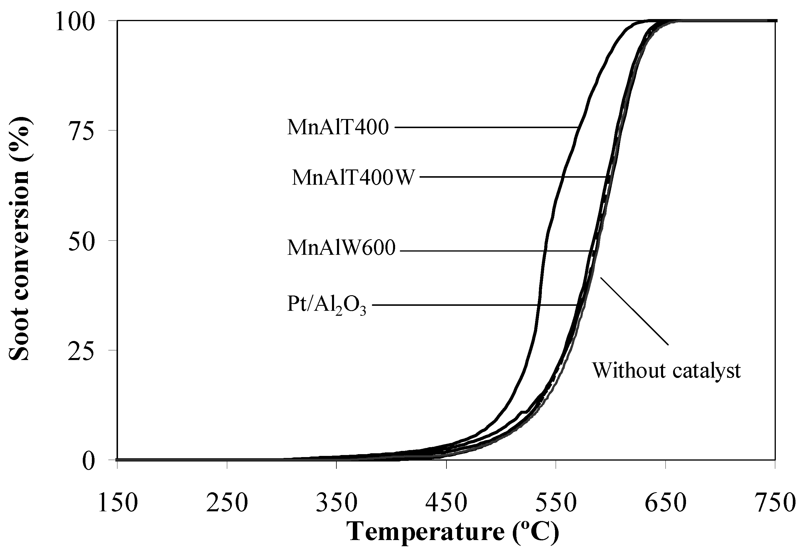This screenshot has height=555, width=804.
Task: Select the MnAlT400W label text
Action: pyautogui.click(x=353, y=178)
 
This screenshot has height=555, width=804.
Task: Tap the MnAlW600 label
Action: pyautogui.click(x=341, y=248)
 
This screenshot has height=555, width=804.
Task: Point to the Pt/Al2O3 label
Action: pyautogui.click(x=326, y=304)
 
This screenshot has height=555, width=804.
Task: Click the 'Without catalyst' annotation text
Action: pyautogui.click(x=666, y=370)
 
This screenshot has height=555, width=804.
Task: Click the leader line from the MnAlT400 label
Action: pyautogui.click(x=484, y=128)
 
